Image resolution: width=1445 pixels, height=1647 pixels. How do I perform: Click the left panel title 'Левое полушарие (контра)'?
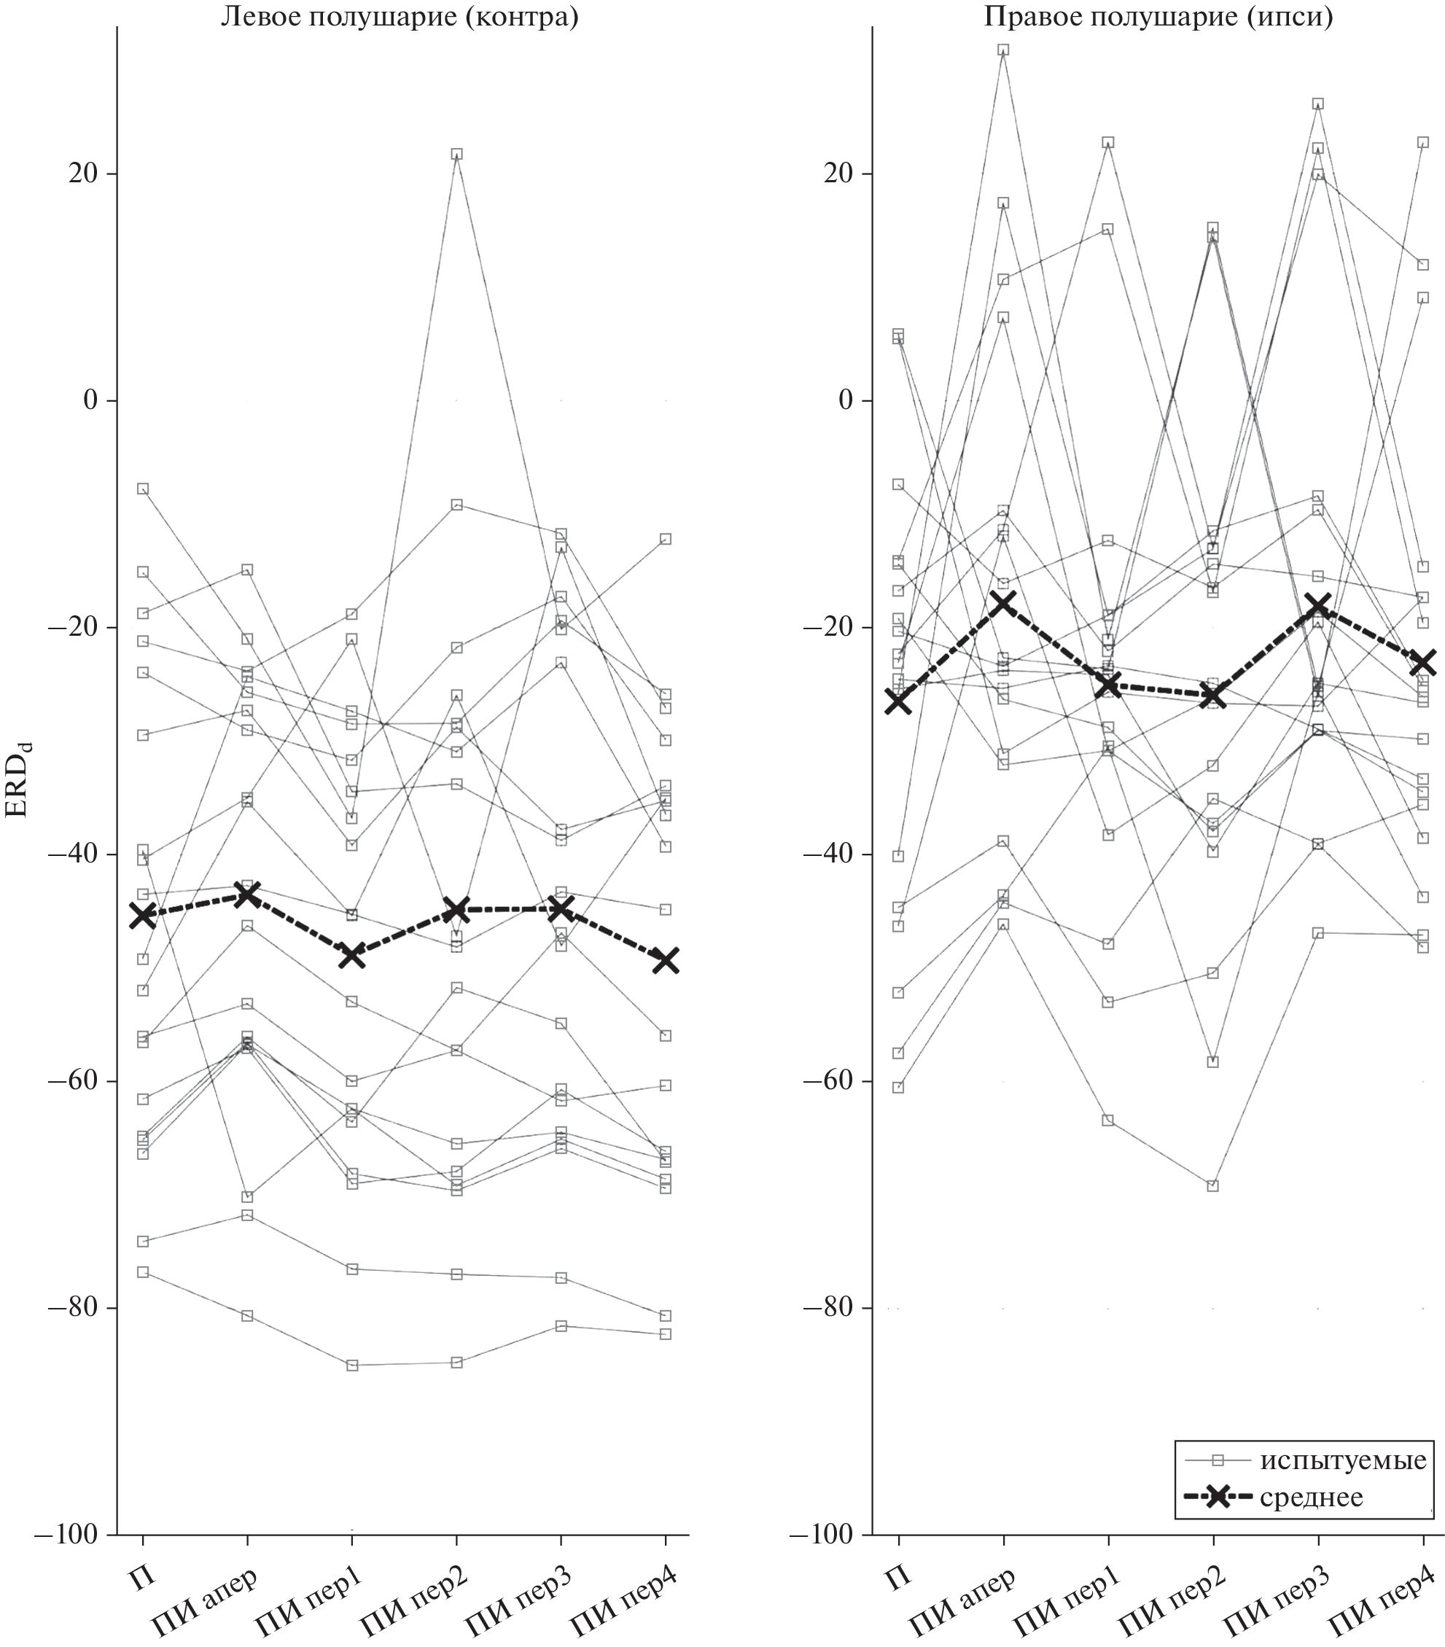pos(400,17)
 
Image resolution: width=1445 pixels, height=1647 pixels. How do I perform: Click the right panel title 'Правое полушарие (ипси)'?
pos(1158,17)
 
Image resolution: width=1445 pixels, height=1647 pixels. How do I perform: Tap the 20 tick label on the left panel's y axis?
pos(81,174)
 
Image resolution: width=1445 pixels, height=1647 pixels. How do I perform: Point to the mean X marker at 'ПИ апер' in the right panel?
pos(1003,603)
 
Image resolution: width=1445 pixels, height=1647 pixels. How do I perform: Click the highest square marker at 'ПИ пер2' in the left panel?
pos(457,154)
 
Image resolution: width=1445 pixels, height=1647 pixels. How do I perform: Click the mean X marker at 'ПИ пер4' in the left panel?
pos(666,959)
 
